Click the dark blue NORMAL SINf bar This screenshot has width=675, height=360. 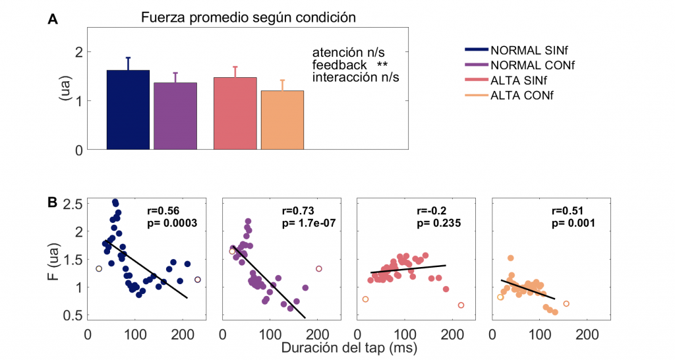coord(128,110)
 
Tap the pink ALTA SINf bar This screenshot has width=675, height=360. coord(235,113)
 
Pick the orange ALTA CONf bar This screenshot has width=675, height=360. coord(282,120)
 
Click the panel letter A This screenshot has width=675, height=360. coord(53,20)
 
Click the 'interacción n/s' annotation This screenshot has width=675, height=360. coord(356,77)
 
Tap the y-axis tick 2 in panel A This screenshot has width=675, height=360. coord(78,52)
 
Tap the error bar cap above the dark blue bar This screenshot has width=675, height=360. coord(128,57)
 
